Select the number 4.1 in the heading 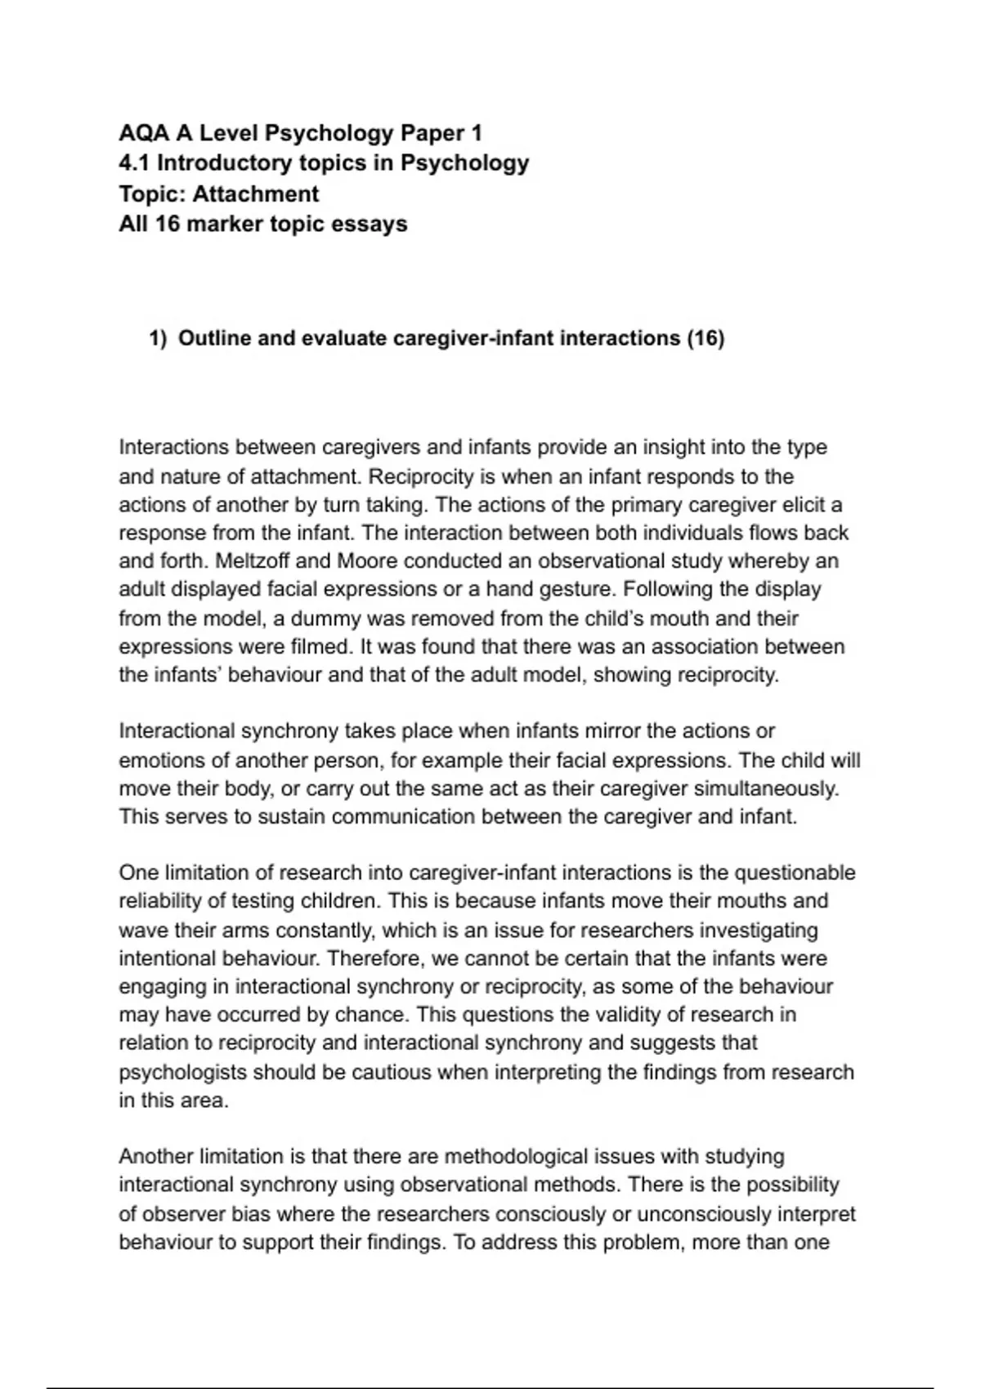point(134,163)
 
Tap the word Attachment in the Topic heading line point(255,194)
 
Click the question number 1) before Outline point(158,338)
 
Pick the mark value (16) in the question point(706,338)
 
